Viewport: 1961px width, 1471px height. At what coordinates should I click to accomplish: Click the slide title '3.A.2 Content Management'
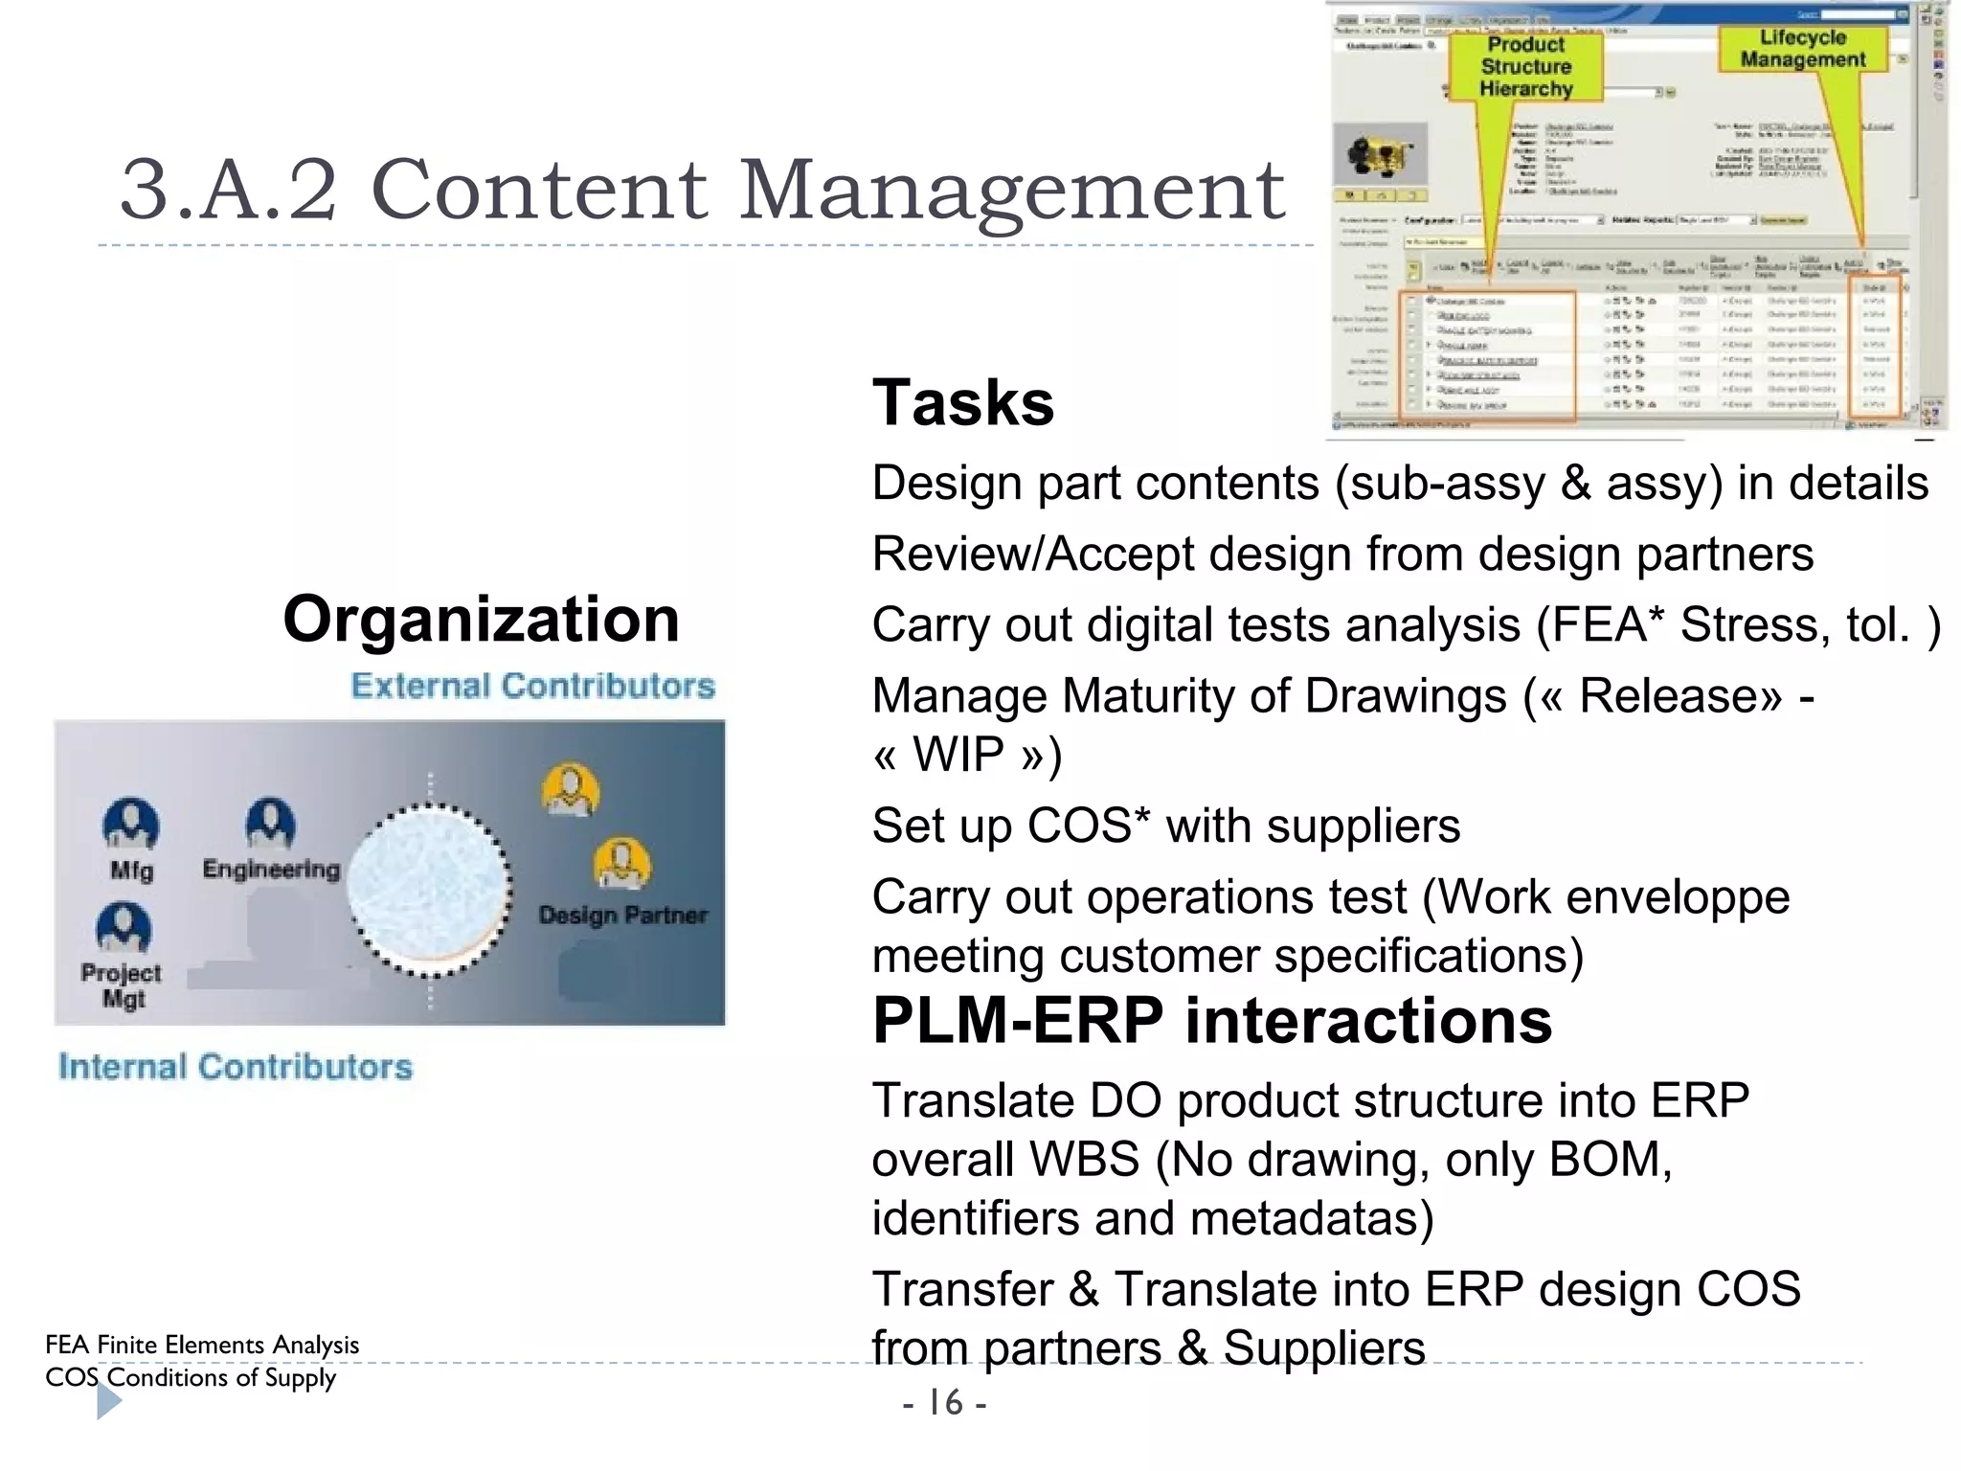click(x=702, y=189)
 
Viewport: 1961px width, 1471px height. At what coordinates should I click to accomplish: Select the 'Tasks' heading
click(x=962, y=403)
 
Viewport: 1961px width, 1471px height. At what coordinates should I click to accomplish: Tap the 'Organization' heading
click(x=481, y=620)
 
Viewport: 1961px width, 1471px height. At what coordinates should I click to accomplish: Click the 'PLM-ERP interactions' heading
click(x=1211, y=1021)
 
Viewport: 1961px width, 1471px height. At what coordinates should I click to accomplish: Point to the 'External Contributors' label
click(x=532, y=686)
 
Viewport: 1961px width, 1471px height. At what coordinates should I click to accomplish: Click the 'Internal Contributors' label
click(x=236, y=1067)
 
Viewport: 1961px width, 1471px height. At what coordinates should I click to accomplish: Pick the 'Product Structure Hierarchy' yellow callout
click(x=1526, y=67)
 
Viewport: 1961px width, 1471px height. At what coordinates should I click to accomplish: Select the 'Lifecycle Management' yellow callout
click(x=1802, y=49)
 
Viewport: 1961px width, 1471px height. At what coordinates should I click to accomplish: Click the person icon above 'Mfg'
click(x=131, y=825)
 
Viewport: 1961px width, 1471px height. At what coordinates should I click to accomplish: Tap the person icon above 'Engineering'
click(x=270, y=823)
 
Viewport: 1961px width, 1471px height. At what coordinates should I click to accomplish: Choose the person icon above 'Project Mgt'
click(x=124, y=927)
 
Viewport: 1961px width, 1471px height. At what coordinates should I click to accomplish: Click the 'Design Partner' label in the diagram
click(x=622, y=916)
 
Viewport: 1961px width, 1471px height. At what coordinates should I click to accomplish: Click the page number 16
click(x=945, y=1403)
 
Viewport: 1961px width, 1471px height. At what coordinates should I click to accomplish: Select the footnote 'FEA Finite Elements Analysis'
click(x=202, y=1345)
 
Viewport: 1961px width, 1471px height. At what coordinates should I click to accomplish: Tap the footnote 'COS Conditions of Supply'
click(x=191, y=1377)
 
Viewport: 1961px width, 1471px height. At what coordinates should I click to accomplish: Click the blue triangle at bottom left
click(x=108, y=1402)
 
